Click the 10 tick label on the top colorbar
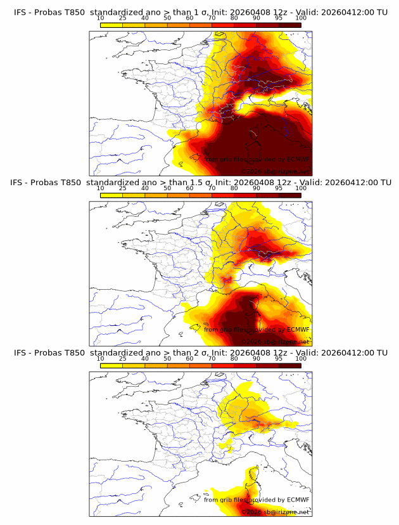pyautogui.click(x=101, y=18)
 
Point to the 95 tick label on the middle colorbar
pyautogui.click(x=279, y=188)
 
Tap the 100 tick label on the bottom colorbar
pyautogui.click(x=301, y=358)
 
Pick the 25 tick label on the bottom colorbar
pyautogui.click(x=123, y=358)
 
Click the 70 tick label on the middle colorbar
pyautogui.click(x=212, y=188)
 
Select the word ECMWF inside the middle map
pyautogui.click(x=298, y=329)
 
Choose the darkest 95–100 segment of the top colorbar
pyautogui.click(x=290, y=24)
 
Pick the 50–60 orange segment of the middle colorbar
pyautogui.click(x=179, y=195)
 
